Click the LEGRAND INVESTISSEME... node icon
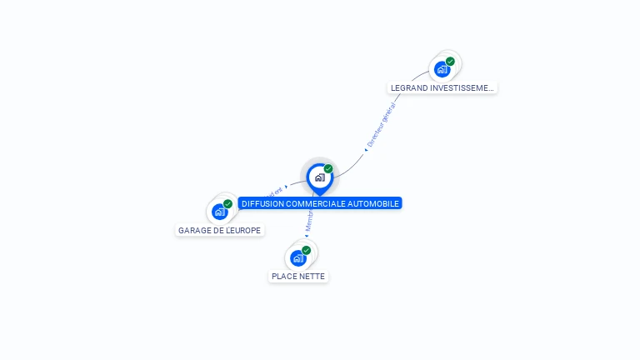442,69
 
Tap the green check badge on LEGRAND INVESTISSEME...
450,61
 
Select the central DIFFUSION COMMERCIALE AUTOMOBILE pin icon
319,177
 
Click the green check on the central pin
328,169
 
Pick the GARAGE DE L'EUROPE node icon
220,212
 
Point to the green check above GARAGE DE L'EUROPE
227,204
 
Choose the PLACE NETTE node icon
297,257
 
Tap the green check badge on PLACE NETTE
306,250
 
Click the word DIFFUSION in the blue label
261,203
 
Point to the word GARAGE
194,230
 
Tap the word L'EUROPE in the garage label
242,230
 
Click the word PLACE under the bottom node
284,276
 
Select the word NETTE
312,276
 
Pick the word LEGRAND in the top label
407,87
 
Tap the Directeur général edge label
382,124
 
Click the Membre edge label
308,217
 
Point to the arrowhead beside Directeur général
366,150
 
